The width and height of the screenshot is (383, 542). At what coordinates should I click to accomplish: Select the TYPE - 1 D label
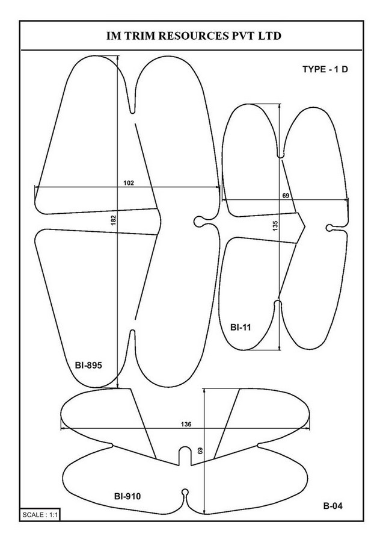click(325, 69)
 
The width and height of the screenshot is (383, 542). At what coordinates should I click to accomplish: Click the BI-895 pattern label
click(88, 365)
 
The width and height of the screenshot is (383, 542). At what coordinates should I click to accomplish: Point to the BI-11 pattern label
click(241, 327)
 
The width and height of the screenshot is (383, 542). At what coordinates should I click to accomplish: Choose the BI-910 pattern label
click(127, 496)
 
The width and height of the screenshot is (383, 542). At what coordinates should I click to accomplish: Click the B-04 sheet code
click(333, 506)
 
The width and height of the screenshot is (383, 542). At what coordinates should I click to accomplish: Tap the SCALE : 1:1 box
click(40, 515)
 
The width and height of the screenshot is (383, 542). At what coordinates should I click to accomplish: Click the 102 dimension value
click(129, 183)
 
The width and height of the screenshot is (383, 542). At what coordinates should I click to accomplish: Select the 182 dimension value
click(114, 220)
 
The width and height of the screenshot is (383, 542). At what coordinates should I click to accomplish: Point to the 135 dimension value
click(275, 226)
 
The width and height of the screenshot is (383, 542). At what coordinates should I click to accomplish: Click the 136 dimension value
click(186, 424)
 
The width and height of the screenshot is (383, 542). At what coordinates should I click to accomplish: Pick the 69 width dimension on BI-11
click(286, 196)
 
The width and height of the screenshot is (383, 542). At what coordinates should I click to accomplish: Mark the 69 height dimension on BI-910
click(200, 450)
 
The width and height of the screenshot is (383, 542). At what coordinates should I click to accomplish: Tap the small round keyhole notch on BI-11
click(329, 228)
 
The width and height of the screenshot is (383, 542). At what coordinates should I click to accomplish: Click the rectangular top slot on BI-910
click(186, 456)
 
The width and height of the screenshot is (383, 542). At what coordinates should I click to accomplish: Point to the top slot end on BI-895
click(132, 111)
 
